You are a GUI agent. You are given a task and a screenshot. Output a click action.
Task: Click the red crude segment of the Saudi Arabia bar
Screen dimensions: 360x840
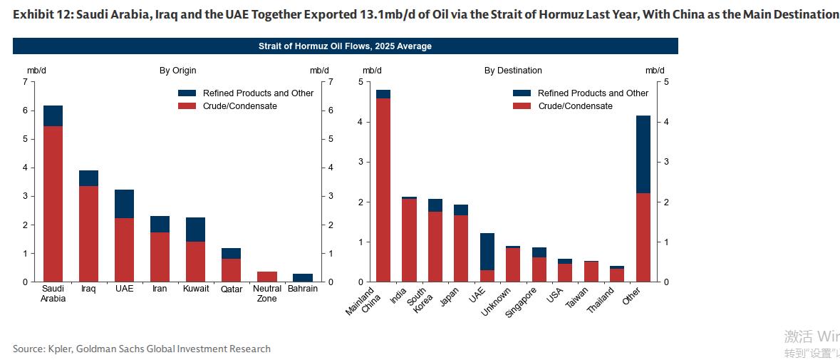point(53,204)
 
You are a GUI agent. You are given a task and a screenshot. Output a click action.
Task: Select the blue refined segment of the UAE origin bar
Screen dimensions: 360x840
point(125,204)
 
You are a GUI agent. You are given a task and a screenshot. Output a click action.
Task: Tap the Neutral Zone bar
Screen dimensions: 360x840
point(267,277)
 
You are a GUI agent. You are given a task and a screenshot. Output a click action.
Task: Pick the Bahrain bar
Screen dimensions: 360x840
point(303,278)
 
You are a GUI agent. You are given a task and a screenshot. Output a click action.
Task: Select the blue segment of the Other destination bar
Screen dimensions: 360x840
point(643,154)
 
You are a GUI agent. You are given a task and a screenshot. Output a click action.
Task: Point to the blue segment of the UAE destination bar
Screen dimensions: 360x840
point(487,252)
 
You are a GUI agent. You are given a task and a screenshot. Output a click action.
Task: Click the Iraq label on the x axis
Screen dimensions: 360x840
point(88,289)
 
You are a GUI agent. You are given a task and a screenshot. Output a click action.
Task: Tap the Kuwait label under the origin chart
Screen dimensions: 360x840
point(196,289)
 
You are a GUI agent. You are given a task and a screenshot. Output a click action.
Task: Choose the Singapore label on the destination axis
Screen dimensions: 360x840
point(522,303)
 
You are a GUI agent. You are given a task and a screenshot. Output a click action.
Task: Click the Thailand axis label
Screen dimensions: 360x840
point(601,302)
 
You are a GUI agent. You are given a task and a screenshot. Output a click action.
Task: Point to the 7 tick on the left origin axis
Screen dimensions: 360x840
point(25,82)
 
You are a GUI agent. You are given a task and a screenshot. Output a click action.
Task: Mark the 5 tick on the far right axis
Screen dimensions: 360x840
point(666,82)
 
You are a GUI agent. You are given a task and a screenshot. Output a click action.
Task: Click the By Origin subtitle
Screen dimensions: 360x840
point(178,71)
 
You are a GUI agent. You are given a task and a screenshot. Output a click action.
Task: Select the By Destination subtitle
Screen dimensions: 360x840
point(513,71)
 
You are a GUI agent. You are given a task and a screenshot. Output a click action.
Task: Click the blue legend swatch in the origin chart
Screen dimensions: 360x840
point(187,93)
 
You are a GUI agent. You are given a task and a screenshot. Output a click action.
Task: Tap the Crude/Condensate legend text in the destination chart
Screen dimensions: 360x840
point(575,106)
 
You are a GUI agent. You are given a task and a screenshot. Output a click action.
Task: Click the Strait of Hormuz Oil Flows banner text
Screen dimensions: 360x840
point(345,46)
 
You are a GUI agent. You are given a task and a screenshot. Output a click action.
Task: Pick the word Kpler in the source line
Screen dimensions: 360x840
point(61,349)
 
